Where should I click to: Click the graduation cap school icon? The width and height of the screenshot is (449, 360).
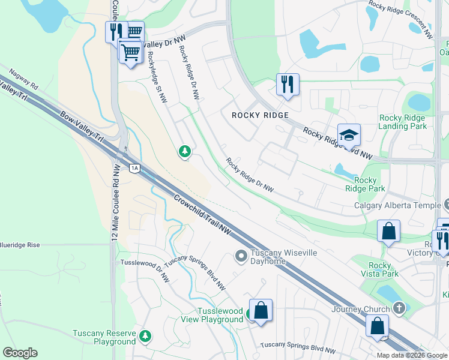point(348,136)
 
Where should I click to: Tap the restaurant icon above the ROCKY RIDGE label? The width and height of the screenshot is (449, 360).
point(288,84)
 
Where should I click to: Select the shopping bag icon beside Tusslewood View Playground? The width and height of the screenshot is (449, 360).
point(261,311)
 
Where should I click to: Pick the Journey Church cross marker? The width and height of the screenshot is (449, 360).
point(399,308)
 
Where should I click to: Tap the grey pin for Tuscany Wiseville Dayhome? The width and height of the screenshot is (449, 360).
point(241,257)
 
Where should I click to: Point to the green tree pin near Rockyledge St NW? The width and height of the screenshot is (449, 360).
point(184,151)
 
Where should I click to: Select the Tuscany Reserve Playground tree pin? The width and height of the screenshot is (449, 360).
point(145,335)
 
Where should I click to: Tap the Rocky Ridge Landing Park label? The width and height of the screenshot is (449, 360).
point(402,122)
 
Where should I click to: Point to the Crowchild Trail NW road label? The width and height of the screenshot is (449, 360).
point(203,214)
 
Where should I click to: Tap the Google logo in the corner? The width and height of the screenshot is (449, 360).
point(20,353)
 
